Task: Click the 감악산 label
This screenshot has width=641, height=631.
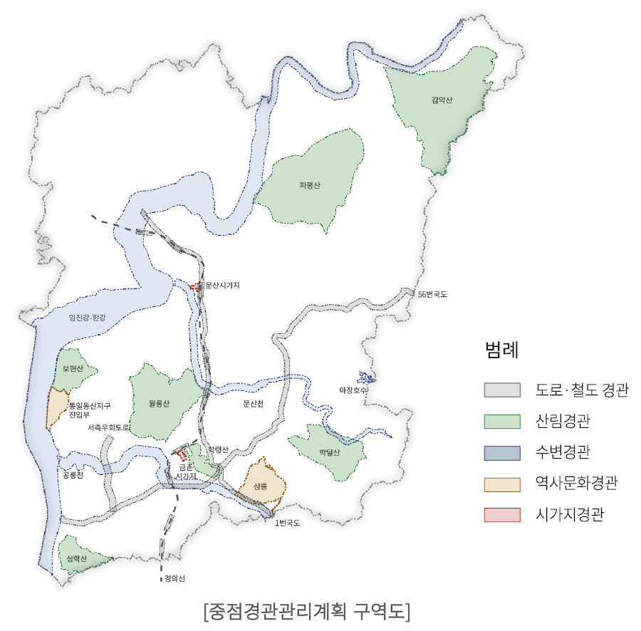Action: (442, 100)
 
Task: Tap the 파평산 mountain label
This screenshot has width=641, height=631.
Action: (311, 185)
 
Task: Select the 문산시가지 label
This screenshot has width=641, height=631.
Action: (222, 286)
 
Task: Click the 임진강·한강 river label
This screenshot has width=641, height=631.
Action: (86, 318)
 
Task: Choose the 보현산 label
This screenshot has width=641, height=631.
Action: (73, 369)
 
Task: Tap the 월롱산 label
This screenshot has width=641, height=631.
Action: (160, 404)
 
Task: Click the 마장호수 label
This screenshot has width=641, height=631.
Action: (353, 390)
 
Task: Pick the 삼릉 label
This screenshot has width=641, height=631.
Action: (260, 487)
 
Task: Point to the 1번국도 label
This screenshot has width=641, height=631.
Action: (288, 523)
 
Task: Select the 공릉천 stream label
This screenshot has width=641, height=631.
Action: (73, 474)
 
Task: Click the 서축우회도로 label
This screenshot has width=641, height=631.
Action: (109, 428)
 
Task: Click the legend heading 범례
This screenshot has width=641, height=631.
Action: (501, 350)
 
